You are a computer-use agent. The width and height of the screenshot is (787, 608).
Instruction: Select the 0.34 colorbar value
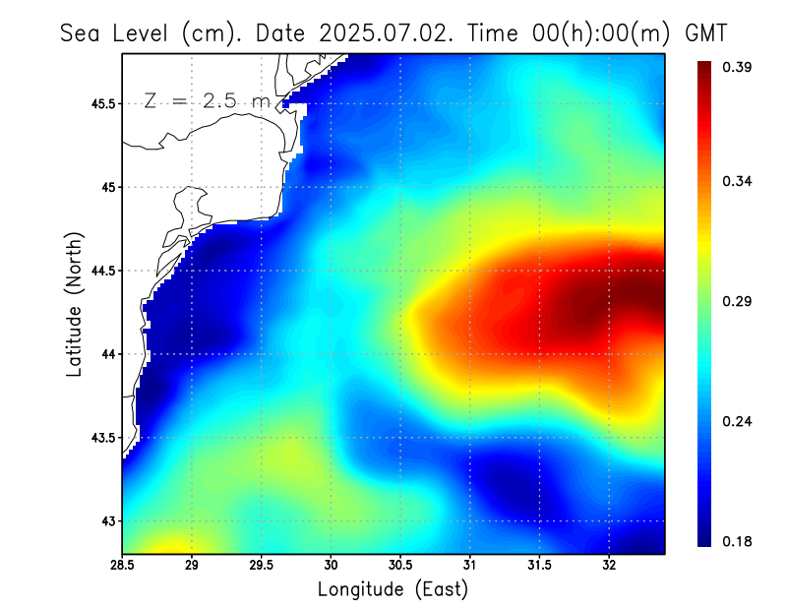pos(739,181)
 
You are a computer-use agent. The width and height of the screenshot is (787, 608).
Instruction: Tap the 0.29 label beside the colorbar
pos(739,301)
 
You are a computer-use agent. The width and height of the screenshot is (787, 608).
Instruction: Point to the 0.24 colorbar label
pos(739,421)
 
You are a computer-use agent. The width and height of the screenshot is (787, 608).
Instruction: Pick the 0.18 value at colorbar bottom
pos(739,541)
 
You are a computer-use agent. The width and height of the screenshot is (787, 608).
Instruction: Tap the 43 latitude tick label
pos(107,520)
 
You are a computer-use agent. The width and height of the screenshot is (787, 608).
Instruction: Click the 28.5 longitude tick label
pos(123,566)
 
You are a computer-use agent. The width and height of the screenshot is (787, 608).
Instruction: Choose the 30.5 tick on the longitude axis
pos(400,566)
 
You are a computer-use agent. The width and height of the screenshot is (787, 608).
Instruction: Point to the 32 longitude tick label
pos(609,566)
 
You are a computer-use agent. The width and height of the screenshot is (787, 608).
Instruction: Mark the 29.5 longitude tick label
pos(262,566)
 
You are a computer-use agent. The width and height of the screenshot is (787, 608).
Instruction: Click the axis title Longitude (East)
pos(393,589)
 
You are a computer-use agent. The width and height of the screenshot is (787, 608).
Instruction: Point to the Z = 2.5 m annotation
pos(206,101)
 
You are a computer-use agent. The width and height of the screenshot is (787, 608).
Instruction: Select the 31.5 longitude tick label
pos(539,566)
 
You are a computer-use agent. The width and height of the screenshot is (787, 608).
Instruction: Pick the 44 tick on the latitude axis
pos(107,354)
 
